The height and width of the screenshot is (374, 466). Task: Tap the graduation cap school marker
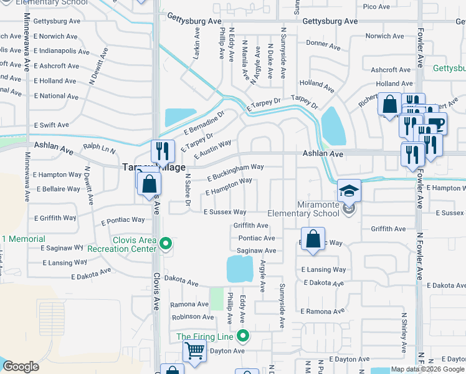[x=349, y=190]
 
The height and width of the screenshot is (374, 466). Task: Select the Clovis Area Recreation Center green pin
[x=165, y=244]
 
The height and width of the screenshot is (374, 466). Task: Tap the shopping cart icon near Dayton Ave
[x=194, y=352]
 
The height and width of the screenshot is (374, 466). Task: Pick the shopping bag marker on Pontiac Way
[x=313, y=239]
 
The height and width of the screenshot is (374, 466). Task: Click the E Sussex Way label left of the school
[x=225, y=213]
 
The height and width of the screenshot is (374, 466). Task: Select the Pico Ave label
[x=376, y=6]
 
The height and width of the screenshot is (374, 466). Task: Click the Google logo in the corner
[x=21, y=367]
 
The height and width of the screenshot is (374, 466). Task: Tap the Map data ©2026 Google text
[x=427, y=369]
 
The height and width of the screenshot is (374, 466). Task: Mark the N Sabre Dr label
[x=186, y=189]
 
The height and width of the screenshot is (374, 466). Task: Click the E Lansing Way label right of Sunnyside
[x=323, y=270]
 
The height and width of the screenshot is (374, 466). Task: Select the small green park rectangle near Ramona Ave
[x=216, y=299]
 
